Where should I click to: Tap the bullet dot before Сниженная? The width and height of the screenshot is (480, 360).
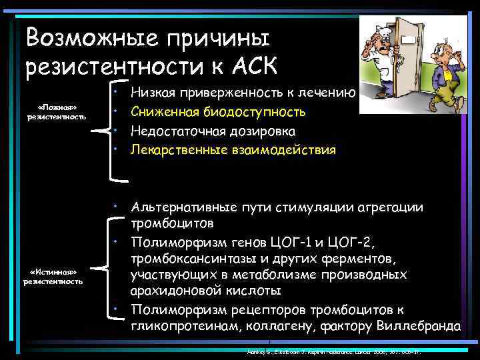[x=116, y=109]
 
